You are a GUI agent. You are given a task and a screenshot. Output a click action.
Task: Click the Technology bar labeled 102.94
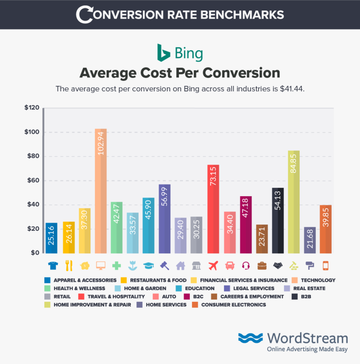pos(100,191)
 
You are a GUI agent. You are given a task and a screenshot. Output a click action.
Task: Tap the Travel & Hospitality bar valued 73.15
pos(213,209)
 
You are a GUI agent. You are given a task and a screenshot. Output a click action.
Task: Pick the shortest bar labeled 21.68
pos(310,240)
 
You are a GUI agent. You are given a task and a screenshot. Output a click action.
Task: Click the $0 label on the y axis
pos(35,253)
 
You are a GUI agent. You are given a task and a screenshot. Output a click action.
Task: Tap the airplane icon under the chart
pos(213,264)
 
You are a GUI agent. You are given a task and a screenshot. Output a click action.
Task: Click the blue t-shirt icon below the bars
pos(51,264)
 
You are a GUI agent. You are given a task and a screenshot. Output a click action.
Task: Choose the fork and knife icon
pos(68,264)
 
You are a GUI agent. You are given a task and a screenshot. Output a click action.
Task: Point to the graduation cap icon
pos(149,264)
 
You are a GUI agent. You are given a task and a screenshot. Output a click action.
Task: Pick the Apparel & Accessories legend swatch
pos(47,280)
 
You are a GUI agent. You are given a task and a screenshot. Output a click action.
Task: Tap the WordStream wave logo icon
pos(250,338)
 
